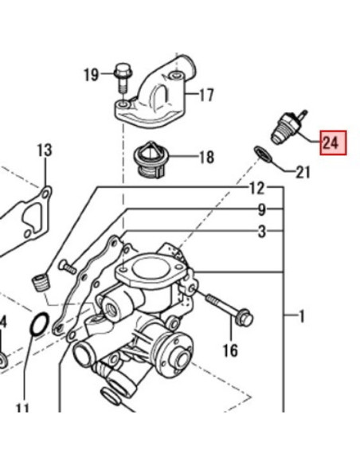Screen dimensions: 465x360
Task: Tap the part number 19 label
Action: point(91,76)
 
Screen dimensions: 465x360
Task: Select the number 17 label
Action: point(206,96)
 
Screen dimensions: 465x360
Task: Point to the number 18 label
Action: point(206,158)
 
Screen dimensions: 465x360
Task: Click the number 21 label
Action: point(303,171)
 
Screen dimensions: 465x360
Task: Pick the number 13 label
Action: point(44,150)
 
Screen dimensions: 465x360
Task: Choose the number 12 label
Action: point(256,189)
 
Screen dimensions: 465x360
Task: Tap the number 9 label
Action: point(260,211)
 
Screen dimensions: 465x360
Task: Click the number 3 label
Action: point(260,232)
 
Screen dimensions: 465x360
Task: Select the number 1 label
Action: point(302,317)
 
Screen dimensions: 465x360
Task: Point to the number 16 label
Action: point(230,350)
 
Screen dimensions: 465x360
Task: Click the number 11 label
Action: point(22,409)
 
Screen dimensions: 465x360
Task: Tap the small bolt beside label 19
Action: point(120,76)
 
